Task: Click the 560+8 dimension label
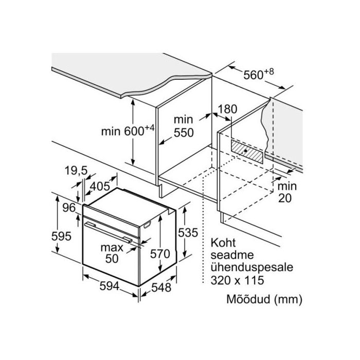259,74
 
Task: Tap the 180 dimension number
227,109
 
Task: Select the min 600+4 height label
128,131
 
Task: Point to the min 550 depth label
184,126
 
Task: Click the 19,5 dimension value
76,171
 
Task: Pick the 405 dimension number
100,186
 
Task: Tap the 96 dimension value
69,208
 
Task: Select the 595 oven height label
61,236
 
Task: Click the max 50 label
112,253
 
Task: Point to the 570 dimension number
160,254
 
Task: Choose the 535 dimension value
188,232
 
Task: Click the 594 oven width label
109,286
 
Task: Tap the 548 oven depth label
161,287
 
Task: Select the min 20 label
287,192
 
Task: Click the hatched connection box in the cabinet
247,152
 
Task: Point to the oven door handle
109,232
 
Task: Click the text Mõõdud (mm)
264,299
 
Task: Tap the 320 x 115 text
238,280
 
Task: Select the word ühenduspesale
252,268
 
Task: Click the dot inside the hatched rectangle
246,151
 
